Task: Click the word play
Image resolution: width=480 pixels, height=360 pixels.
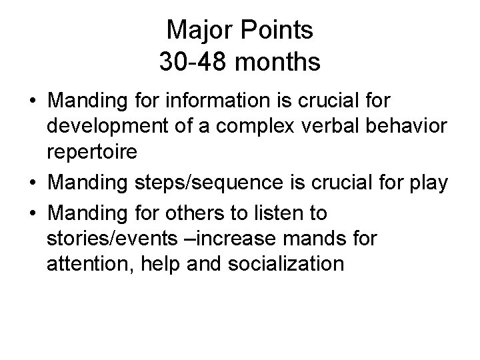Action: coord(423,183)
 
